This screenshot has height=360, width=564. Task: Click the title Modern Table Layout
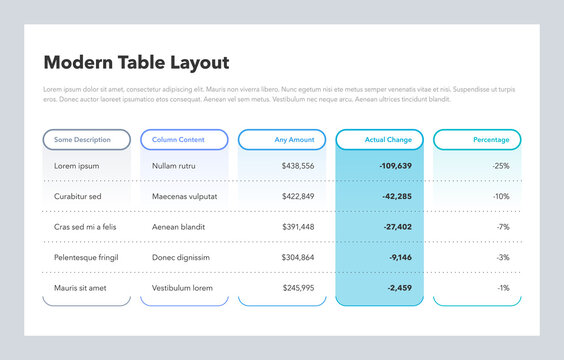click(x=136, y=63)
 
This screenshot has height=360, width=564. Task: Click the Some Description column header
click(x=87, y=140)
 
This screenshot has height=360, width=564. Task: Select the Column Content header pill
click(x=184, y=140)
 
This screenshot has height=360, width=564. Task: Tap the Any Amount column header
click(x=282, y=140)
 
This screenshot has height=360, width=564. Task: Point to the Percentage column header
click(x=478, y=140)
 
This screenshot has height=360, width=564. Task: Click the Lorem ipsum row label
click(x=76, y=166)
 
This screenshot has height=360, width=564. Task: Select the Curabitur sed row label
click(x=78, y=196)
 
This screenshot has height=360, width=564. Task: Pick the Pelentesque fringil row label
click(x=86, y=257)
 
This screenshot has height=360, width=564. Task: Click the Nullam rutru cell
click(x=174, y=166)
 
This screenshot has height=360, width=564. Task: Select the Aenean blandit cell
click(x=179, y=227)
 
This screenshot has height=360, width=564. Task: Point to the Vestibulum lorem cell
click(x=182, y=288)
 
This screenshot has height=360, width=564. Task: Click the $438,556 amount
click(x=297, y=166)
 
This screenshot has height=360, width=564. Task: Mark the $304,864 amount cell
click(x=297, y=257)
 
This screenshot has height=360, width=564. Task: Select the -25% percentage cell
click(x=500, y=166)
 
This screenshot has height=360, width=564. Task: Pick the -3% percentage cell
click(x=503, y=257)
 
